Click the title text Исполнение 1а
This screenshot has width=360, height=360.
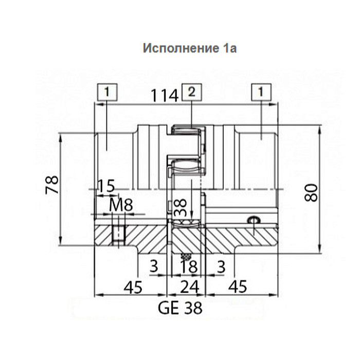point(190,48)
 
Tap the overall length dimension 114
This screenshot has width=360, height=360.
point(165,96)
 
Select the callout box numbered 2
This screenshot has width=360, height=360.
point(192,92)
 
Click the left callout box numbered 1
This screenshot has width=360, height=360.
point(107,92)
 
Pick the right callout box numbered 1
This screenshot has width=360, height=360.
point(261,92)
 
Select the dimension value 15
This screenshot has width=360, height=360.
point(106,186)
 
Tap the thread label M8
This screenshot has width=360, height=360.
point(121,205)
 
